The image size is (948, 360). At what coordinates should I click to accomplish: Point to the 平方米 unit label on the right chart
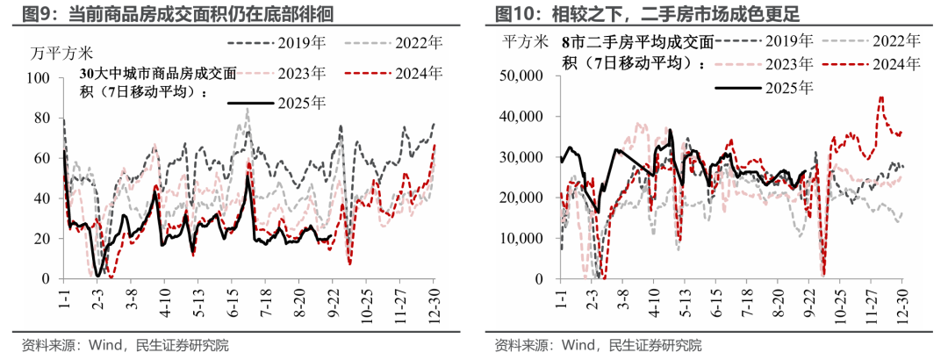pos(525,41)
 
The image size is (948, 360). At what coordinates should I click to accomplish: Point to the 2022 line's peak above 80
pos(248,110)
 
